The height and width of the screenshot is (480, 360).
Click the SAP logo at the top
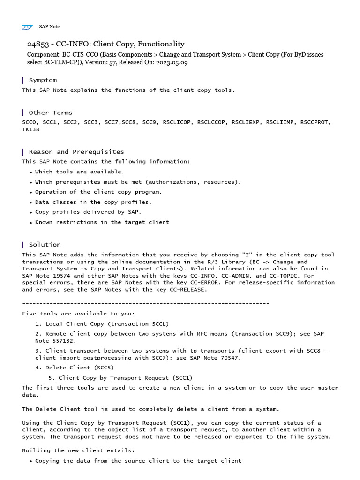click(x=26, y=27)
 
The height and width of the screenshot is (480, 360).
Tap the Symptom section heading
click(x=43, y=80)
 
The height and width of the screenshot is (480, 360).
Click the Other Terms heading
click(x=51, y=112)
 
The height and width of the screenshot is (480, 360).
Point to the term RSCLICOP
click(x=177, y=122)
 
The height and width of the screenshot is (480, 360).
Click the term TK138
click(x=30, y=129)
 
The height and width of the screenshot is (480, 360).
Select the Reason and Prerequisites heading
click(x=76, y=152)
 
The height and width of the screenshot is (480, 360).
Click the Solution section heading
click(x=45, y=245)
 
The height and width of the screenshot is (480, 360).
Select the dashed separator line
click(x=145, y=303)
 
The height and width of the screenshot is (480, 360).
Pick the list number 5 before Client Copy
click(x=51, y=378)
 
